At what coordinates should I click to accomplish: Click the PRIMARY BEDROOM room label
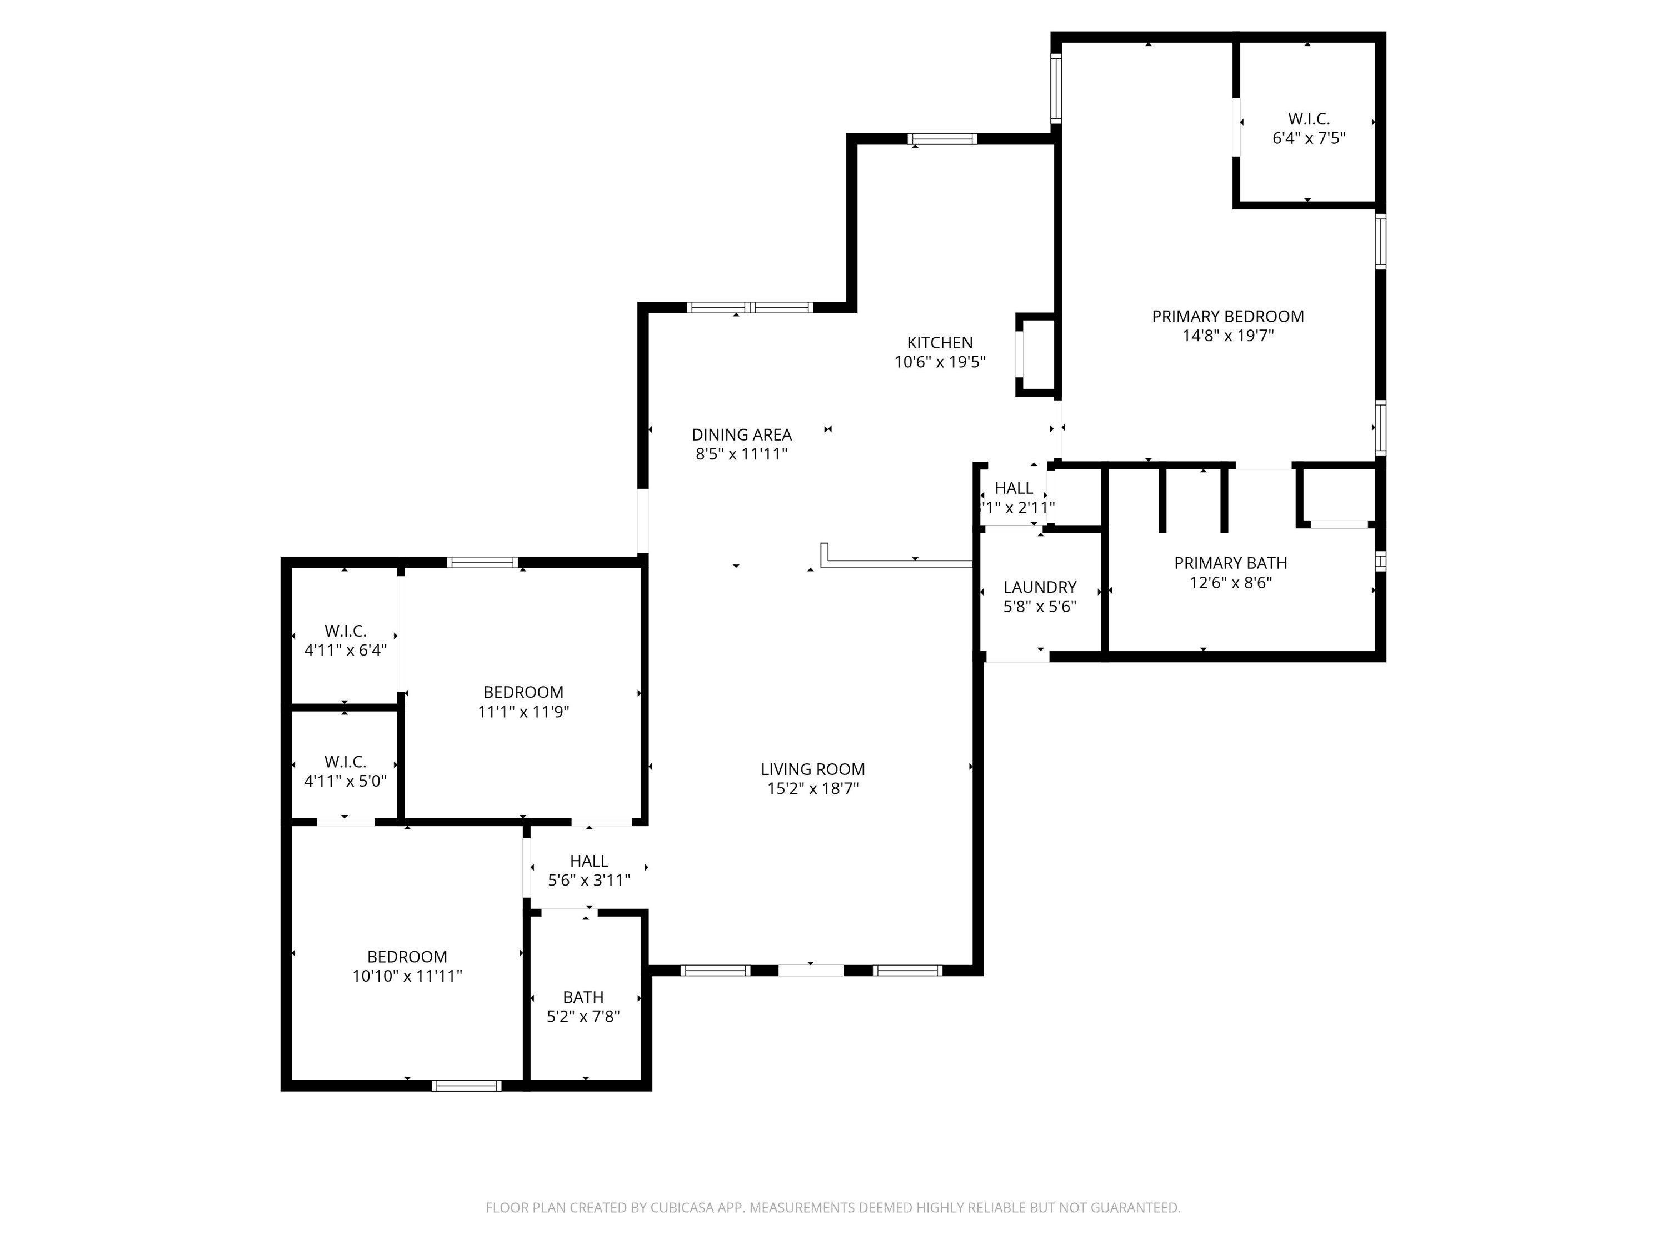(1227, 317)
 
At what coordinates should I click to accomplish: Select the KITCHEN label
(939, 343)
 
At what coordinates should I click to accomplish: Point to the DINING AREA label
(742, 435)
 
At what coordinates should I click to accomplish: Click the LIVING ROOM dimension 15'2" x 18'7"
(812, 789)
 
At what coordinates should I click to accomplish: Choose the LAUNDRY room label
(1039, 587)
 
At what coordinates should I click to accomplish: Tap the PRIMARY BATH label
(1230, 563)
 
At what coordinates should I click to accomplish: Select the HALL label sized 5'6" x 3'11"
(588, 861)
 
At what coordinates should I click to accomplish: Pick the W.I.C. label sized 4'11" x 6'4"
(345, 631)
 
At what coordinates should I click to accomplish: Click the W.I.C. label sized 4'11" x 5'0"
(345, 762)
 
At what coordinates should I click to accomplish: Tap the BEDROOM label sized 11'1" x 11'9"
(523, 692)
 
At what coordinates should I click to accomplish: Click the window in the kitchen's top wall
(942, 139)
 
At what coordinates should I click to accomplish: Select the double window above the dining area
(750, 307)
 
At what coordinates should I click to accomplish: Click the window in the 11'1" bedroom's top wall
(482, 562)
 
